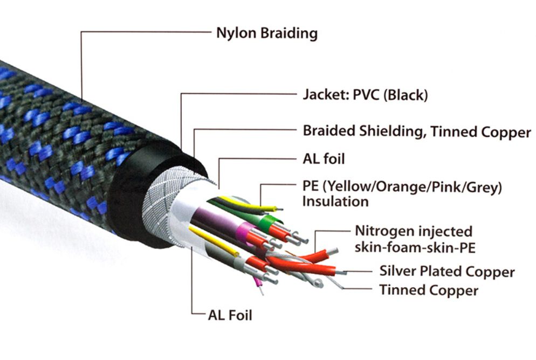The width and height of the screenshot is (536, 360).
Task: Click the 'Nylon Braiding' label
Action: pyautogui.click(x=266, y=33)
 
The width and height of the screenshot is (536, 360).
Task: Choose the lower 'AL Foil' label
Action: pyautogui.click(x=230, y=315)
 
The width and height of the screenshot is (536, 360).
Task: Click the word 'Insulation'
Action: pyautogui.click(x=335, y=202)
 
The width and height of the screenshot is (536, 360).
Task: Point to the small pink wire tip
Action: pyautogui.click(x=258, y=281)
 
